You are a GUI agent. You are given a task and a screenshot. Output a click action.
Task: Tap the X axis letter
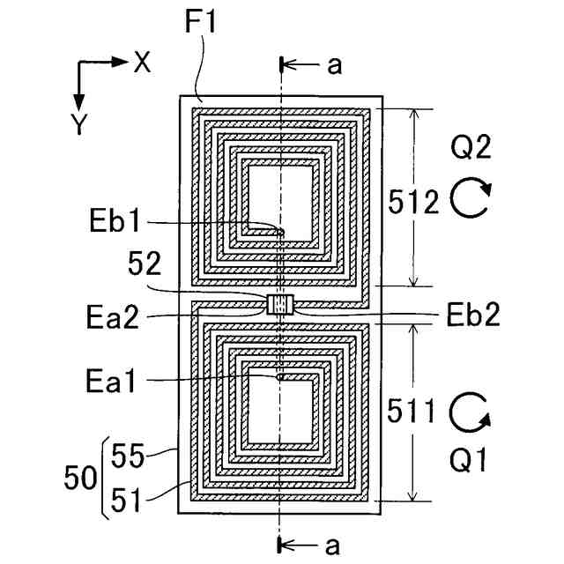(x=142, y=62)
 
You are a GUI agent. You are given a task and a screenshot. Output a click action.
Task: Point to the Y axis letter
(x=80, y=124)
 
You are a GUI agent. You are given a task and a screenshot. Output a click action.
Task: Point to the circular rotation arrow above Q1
(x=469, y=412)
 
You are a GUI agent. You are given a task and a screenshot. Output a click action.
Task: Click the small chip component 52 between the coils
(x=278, y=305)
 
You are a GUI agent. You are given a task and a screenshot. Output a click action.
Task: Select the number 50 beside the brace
(x=83, y=479)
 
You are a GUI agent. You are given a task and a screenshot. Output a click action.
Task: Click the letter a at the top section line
(x=332, y=67)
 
